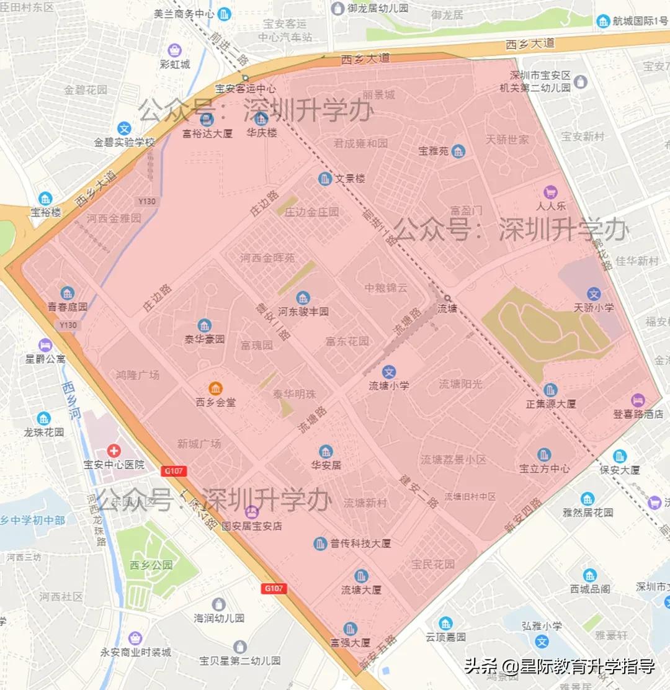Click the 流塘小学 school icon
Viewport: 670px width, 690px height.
click(389, 372)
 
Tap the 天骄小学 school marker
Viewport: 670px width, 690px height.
click(594, 293)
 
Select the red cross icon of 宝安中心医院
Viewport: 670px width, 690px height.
click(114, 450)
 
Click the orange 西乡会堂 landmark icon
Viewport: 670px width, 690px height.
click(215, 389)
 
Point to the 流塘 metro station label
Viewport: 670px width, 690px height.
click(447, 308)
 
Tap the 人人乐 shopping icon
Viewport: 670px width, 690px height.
click(550, 192)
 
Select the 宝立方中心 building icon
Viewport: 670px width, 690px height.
click(544, 455)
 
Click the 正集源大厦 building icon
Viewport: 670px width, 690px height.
click(550, 390)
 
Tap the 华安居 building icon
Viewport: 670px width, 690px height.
click(326, 451)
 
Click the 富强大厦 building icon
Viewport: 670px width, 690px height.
click(350, 629)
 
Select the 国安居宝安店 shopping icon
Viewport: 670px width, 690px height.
click(252, 512)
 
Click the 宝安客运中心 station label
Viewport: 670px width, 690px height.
click(246, 89)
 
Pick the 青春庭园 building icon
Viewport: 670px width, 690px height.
click(68, 293)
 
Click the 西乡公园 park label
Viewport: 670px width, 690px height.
click(151, 565)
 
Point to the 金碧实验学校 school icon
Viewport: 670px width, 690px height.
click(124, 128)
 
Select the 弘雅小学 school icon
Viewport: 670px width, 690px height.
click(542, 641)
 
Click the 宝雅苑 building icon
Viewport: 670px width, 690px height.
click(458, 151)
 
